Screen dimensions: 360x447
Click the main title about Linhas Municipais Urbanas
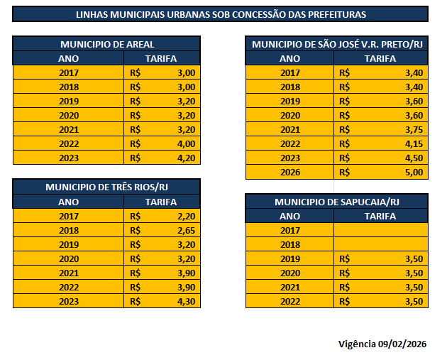point(220,14)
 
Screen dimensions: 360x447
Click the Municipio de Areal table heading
point(107,44)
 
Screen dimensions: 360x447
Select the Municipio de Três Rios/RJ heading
point(107,187)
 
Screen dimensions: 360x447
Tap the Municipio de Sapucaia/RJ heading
point(337,202)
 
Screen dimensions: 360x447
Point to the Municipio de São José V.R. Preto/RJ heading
point(337,44)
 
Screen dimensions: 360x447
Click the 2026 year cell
point(289,172)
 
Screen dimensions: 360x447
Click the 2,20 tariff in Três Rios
point(184,216)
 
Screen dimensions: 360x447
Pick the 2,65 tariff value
point(184,230)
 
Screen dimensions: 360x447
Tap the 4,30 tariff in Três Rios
point(184,301)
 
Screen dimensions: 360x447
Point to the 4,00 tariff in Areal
point(184,143)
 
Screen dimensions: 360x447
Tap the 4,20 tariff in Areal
point(184,158)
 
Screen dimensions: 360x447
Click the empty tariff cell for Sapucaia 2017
point(381,230)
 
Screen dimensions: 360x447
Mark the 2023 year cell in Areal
point(68,158)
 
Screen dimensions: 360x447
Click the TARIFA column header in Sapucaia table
point(380,216)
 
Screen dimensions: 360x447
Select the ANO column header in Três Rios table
point(68,202)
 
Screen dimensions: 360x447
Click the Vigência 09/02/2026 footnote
point(382,344)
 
